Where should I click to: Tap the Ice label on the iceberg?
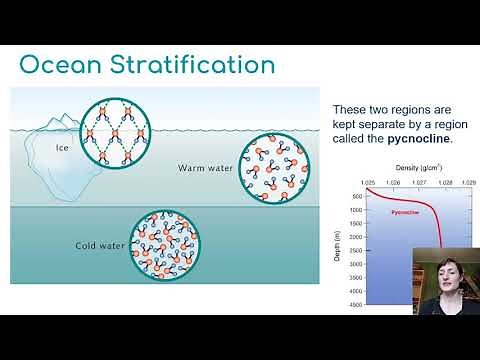pos(62,149)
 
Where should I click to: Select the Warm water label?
pos(205,168)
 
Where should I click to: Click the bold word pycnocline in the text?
pos(417,139)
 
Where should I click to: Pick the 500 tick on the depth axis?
pos(355,197)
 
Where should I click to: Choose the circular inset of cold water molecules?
pos(163,245)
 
